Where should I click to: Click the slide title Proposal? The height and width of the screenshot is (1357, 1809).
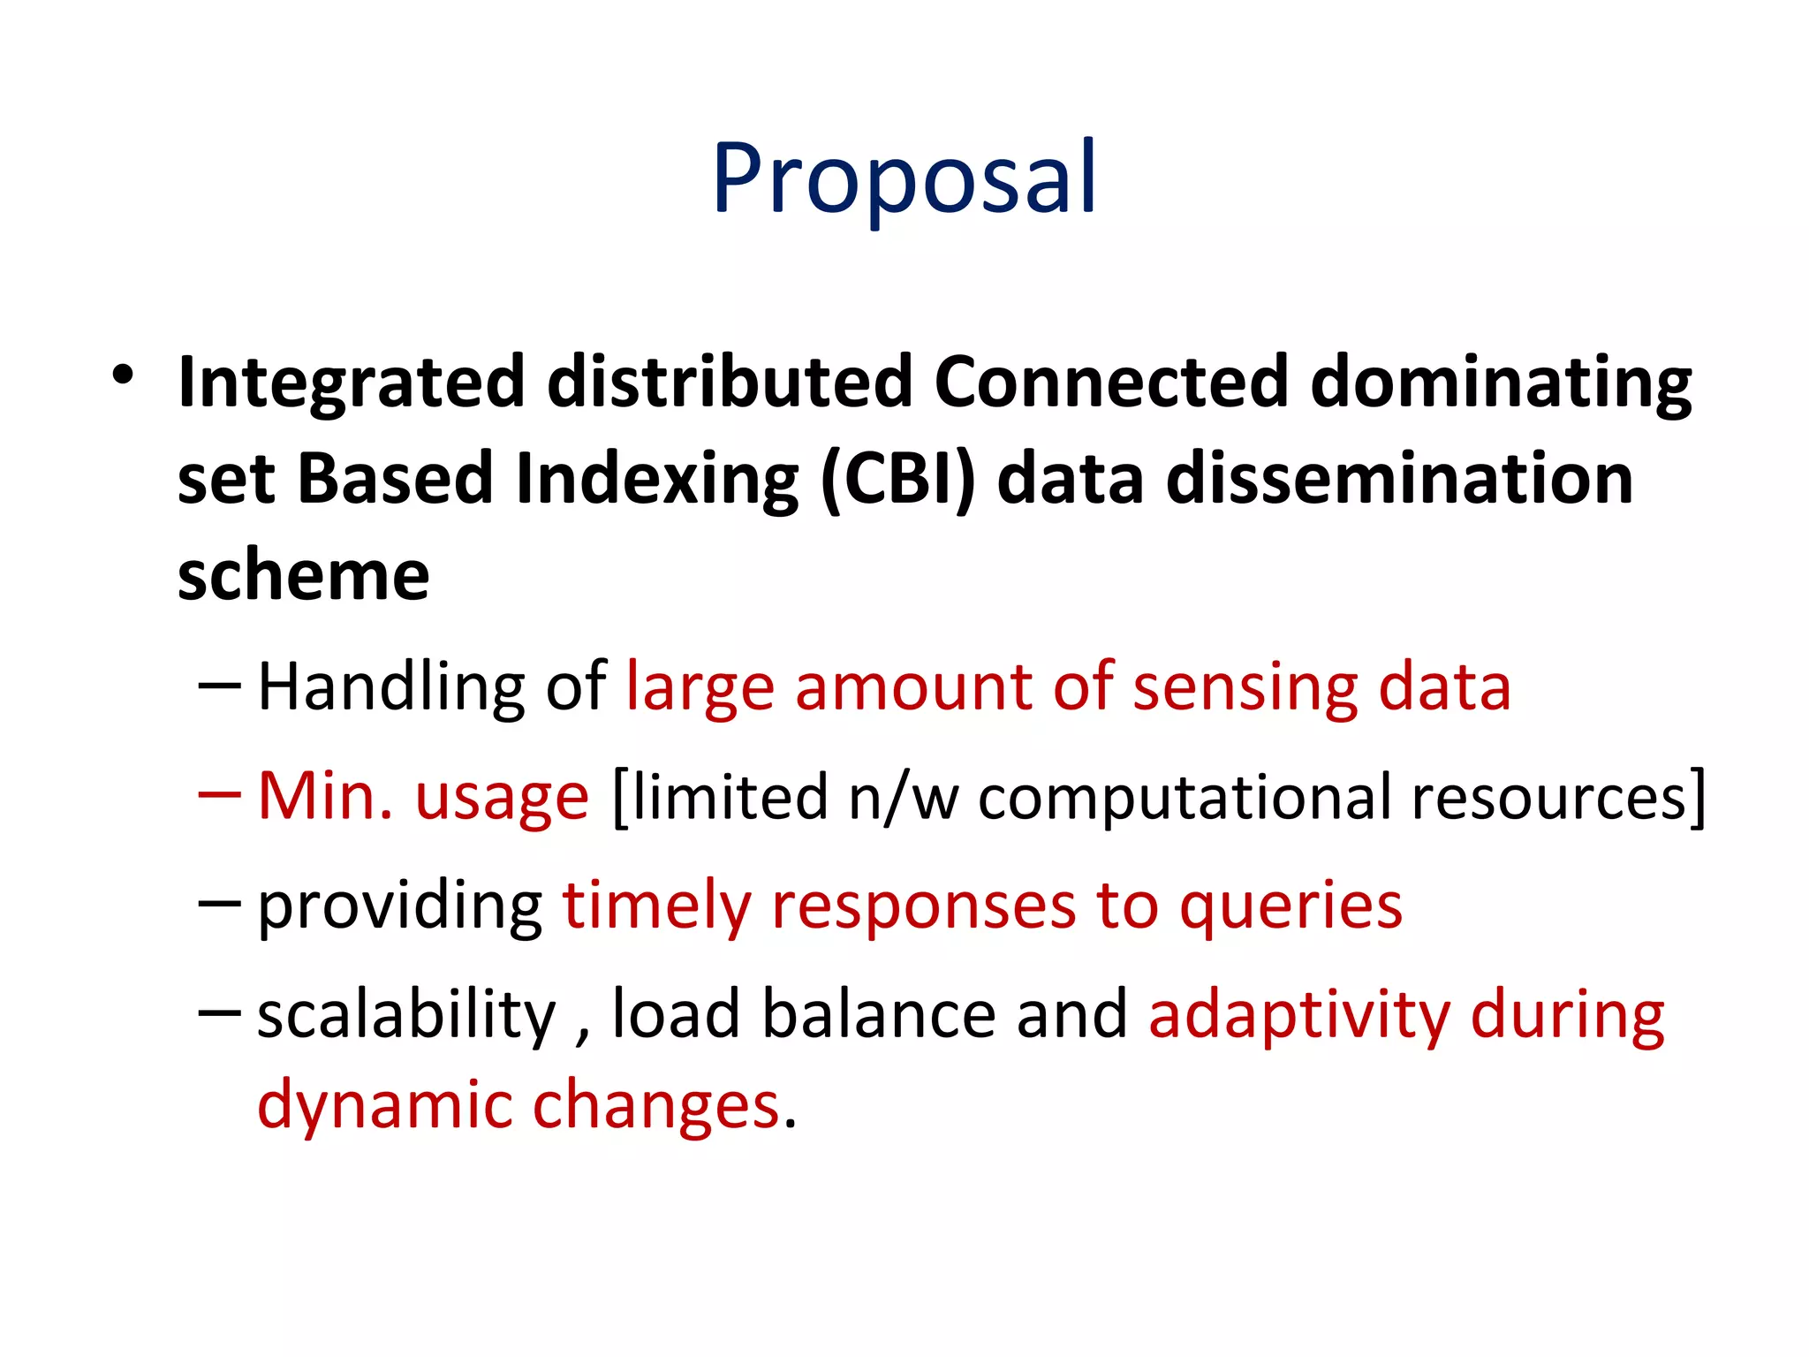904,178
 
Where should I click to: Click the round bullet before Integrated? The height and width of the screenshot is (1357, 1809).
123,375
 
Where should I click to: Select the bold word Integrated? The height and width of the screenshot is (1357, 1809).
352,383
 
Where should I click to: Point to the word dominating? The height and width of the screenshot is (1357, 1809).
1501,383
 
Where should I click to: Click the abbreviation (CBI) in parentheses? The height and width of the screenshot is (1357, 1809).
897,480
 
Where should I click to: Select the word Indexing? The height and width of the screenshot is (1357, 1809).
657,480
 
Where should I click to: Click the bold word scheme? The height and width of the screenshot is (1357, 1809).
303,576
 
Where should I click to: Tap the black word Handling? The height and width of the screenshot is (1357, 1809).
390,687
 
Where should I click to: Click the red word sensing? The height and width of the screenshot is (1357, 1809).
1245,687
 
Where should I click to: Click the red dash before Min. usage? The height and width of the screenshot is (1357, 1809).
219,794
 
